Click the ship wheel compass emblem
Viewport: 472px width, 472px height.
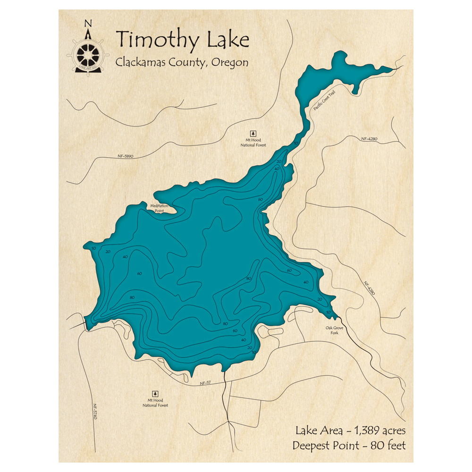[x=88, y=55]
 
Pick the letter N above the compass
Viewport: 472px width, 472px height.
[x=88, y=24]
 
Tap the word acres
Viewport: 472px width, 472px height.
[x=391, y=430]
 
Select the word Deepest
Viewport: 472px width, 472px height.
[x=312, y=445]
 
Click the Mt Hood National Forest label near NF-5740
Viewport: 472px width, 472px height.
[x=155, y=402]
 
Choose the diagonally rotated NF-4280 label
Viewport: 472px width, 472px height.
[x=370, y=289]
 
